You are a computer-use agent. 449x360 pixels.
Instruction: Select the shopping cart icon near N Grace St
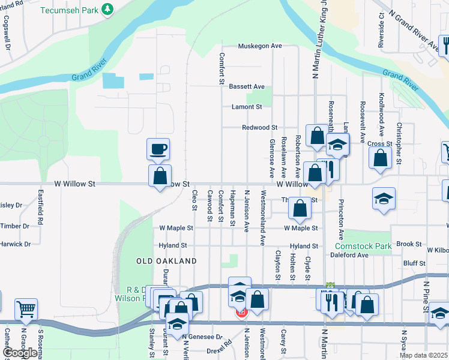(x=26, y=310)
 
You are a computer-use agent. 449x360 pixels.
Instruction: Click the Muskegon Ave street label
(x=259, y=46)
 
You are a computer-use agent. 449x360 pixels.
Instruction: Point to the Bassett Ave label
(x=247, y=87)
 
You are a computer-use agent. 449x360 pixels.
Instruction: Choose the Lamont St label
(x=247, y=107)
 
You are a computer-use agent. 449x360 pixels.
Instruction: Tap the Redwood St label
(x=259, y=128)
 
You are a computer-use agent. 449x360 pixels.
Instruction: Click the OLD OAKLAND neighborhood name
(x=166, y=262)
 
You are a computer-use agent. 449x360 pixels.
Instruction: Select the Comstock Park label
(x=363, y=246)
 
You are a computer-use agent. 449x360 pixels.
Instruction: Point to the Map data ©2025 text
(x=424, y=355)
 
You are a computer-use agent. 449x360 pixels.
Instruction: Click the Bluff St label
(x=414, y=263)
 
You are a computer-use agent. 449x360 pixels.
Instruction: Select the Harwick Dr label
(x=15, y=244)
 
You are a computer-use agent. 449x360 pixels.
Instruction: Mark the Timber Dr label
(x=16, y=226)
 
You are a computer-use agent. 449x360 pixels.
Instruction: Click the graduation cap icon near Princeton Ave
(x=384, y=200)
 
